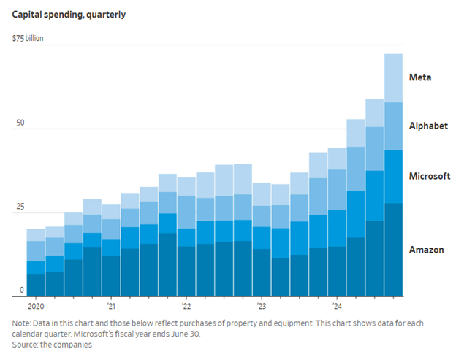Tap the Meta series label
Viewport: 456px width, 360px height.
click(419, 77)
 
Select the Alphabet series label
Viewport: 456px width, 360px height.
click(428, 126)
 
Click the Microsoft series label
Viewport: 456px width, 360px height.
click(429, 176)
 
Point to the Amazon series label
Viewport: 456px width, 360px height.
click(427, 250)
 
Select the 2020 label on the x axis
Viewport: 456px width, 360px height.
click(37, 307)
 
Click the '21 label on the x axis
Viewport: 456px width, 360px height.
click(111, 307)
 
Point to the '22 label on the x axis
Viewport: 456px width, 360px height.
click(186, 307)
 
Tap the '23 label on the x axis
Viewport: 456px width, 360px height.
click(262, 307)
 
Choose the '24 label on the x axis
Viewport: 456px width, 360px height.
click(337, 307)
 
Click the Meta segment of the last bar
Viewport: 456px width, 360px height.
click(393, 77)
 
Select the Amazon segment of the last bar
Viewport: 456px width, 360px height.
click(393, 249)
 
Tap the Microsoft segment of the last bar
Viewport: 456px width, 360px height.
click(393, 176)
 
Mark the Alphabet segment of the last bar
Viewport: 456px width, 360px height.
click(393, 126)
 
